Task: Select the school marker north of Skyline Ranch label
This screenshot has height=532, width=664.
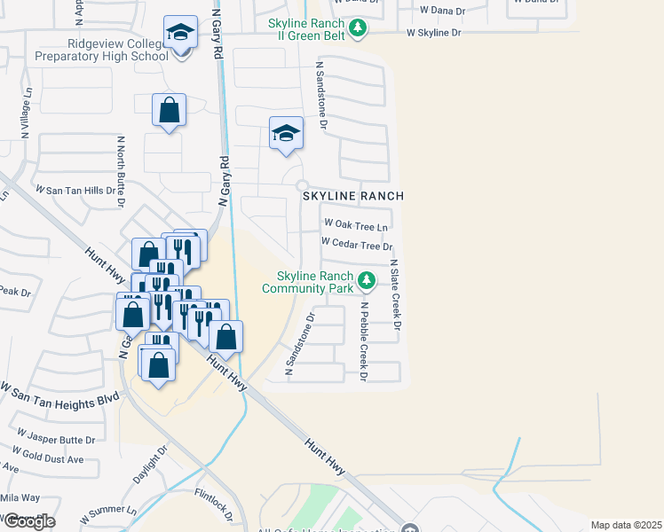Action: pyautogui.click(x=286, y=134)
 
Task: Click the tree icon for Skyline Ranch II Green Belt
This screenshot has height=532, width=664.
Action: pyautogui.click(x=358, y=28)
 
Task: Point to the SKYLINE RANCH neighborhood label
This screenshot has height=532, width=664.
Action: pyautogui.click(x=353, y=196)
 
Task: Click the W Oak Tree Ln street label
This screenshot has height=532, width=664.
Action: pyautogui.click(x=356, y=225)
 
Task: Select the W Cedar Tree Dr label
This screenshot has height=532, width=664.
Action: pyautogui.click(x=356, y=243)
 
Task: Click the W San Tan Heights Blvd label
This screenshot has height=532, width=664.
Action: pyautogui.click(x=59, y=395)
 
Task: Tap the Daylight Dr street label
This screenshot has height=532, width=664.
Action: pyautogui.click(x=150, y=465)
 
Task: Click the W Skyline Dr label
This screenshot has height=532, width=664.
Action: pyautogui.click(x=434, y=33)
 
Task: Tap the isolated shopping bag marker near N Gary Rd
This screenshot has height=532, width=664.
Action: pyautogui.click(x=169, y=111)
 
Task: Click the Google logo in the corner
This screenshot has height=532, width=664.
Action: pyautogui.click(x=29, y=521)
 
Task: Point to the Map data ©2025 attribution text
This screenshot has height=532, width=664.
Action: pyautogui.click(x=624, y=525)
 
